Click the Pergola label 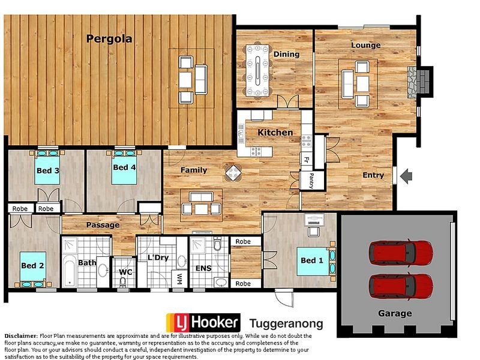tap(109, 40)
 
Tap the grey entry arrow tap(407, 176)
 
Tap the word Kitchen tap(275, 132)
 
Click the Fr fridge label tap(305, 160)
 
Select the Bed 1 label tap(311, 260)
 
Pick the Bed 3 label tap(47, 170)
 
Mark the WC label tap(125, 272)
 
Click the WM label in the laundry tap(179, 279)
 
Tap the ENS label tap(203, 268)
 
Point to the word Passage tap(103, 225)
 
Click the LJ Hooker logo tap(203, 322)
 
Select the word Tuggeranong tap(286, 323)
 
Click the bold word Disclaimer tap(21, 335)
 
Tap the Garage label tap(395, 313)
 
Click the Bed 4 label tap(124, 167)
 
